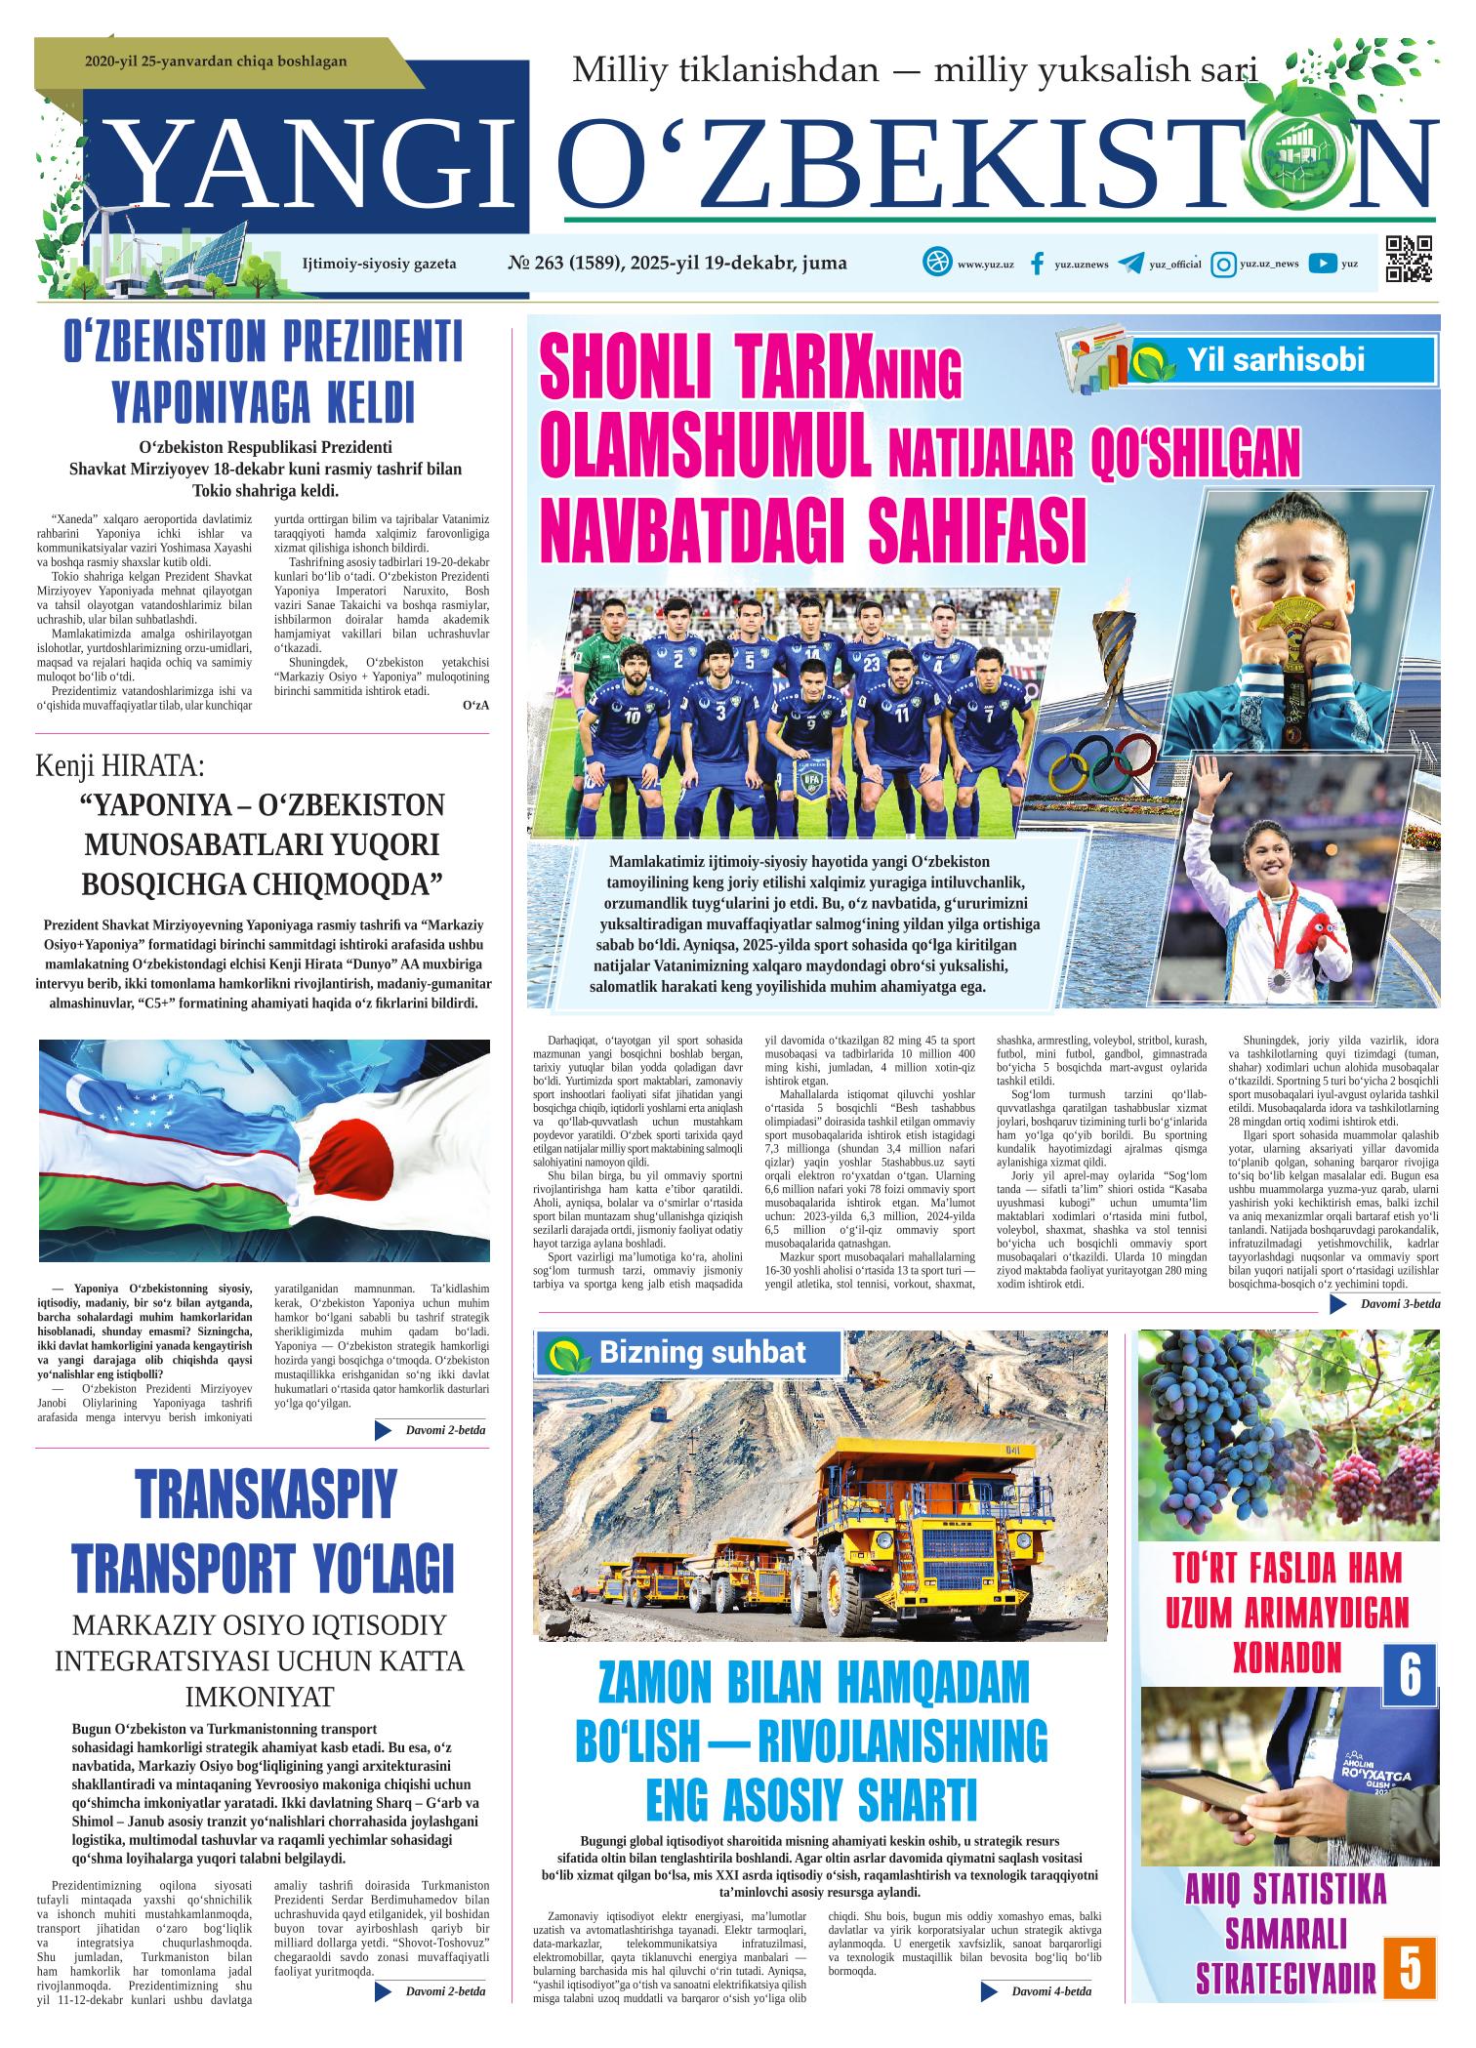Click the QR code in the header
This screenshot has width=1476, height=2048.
click(1409, 260)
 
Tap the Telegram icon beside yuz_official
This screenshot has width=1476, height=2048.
click(1130, 264)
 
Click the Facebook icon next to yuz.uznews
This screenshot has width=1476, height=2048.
click(1038, 264)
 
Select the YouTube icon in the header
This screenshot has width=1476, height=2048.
click(1323, 263)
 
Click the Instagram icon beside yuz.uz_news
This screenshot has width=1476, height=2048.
click(1223, 264)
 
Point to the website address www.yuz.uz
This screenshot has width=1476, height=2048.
click(984, 265)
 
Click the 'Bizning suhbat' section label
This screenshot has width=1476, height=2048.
click(701, 1352)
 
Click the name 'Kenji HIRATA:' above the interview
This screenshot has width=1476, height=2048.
click(120, 764)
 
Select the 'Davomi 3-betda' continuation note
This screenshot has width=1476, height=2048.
click(1399, 1304)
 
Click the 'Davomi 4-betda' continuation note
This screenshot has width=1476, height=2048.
click(1050, 1991)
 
